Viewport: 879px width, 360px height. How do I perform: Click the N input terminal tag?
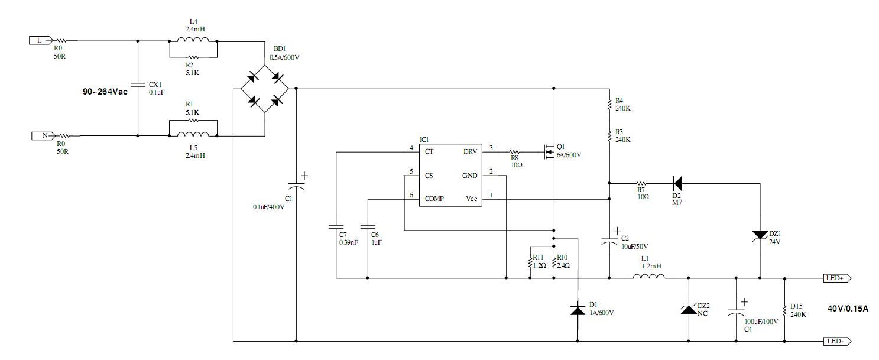(x=41, y=135)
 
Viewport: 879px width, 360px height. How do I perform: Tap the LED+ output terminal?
(x=836, y=277)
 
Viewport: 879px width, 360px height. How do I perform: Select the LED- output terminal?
(x=836, y=341)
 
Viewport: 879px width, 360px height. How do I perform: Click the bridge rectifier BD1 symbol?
(x=264, y=89)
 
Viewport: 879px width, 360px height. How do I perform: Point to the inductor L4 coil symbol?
(x=193, y=41)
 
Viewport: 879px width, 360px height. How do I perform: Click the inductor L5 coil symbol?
(x=193, y=135)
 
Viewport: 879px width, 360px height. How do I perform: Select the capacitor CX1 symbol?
(x=138, y=85)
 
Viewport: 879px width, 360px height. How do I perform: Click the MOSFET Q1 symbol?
(x=548, y=151)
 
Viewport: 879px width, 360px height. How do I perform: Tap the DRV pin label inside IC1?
(x=471, y=151)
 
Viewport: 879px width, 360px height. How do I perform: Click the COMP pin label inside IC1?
(x=434, y=199)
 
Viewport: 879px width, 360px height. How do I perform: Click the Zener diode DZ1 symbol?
(x=760, y=235)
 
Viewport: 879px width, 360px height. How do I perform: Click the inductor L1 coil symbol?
(x=648, y=277)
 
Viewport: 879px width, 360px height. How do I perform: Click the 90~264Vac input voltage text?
(x=105, y=92)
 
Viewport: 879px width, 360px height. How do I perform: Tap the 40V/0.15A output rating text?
(x=848, y=309)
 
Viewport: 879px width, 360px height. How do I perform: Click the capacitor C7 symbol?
(x=335, y=226)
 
